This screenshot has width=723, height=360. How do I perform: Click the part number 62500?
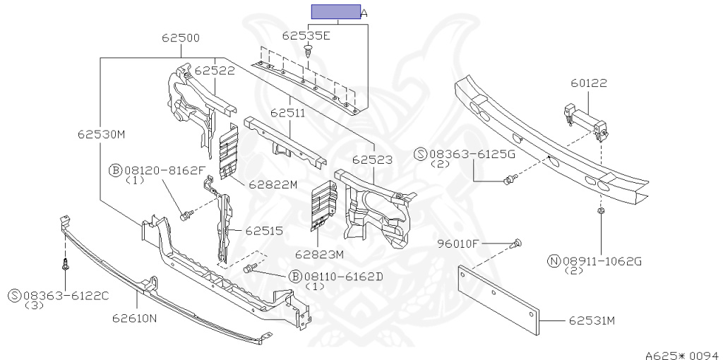click(180, 38)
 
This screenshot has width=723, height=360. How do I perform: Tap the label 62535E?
click(306, 35)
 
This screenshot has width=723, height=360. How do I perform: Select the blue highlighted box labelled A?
click(336, 12)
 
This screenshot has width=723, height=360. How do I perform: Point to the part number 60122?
click(590, 84)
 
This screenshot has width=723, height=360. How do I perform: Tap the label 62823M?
click(319, 254)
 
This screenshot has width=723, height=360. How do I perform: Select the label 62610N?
click(133, 318)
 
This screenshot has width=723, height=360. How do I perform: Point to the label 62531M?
click(592, 321)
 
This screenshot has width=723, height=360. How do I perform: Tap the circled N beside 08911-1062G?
click(554, 261)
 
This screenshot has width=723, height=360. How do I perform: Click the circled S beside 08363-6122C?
click(15, 295)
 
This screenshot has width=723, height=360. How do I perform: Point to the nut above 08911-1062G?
click(600, 210)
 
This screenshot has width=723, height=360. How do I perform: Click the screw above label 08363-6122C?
click(64, 265)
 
